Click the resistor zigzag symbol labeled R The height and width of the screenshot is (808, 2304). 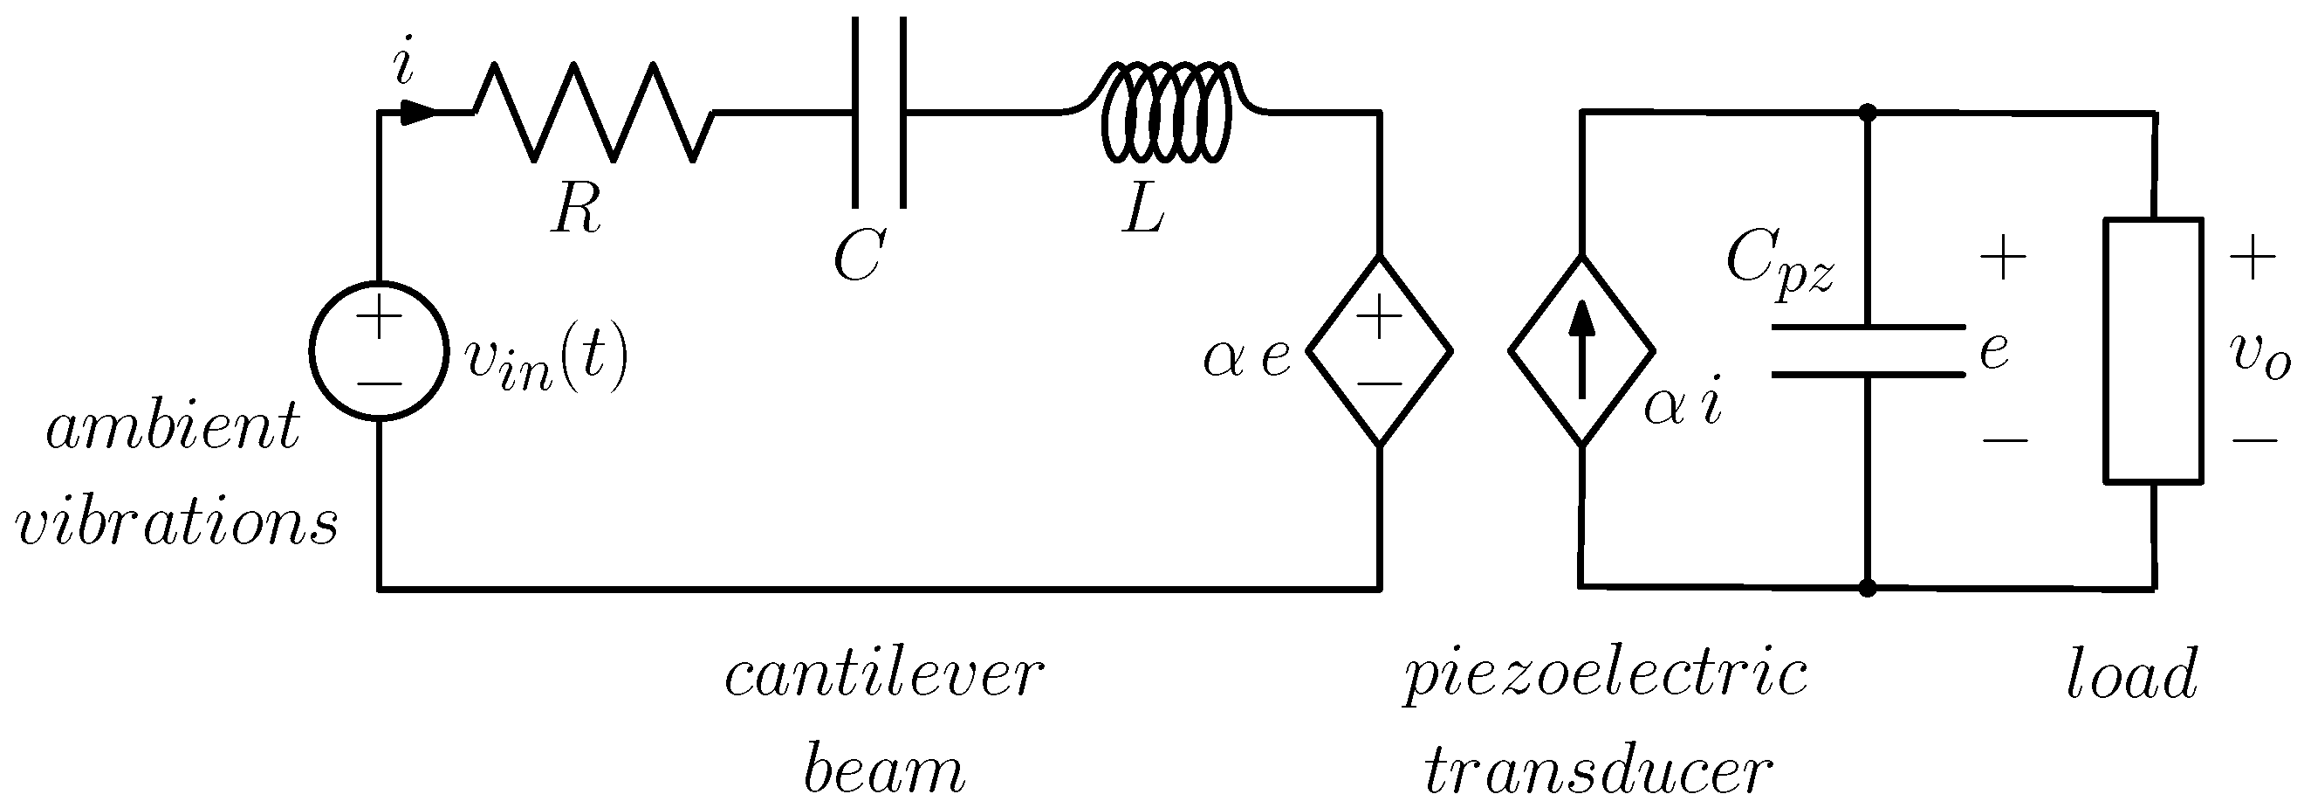[593, 113]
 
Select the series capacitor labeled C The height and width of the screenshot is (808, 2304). [879, 113]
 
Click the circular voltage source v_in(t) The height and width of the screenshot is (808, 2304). [379, 350]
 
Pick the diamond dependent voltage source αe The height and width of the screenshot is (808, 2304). [1379, 350]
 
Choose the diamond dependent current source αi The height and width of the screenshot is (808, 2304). [1581, 350]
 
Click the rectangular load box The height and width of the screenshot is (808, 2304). [2152, 350]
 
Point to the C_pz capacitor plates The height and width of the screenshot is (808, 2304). [1868, 351]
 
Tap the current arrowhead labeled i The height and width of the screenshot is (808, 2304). [418, 113]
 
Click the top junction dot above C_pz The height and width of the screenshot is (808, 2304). [1868, 113]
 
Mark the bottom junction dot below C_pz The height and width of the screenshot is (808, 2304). [1868, 588]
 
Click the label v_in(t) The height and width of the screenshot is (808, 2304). [546, 359]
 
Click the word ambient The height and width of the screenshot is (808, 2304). [173, 428]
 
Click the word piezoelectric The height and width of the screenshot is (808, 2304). [1606, 677]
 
